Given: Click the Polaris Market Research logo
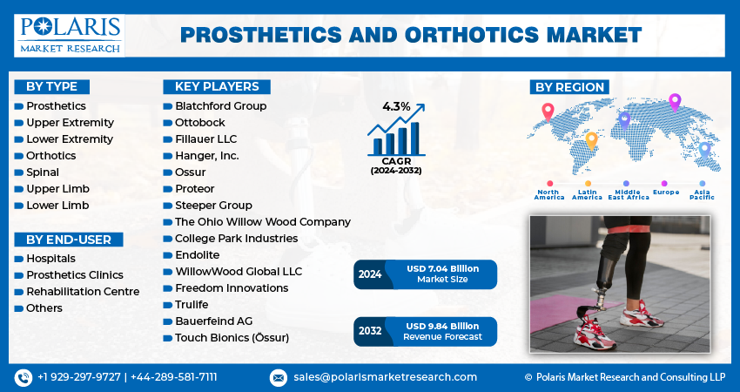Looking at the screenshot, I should tap(70, 35).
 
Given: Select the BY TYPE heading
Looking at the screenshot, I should tap(51, 86).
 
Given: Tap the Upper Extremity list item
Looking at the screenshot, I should tap(70, 122).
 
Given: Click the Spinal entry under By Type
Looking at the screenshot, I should tap(43, 172).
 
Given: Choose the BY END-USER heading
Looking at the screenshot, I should tap(69, 240).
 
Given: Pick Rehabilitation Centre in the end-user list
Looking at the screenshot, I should tap(83, 292).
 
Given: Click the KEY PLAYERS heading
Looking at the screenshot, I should tap(217, 86).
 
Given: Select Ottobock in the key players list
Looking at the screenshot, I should tap(199, 122).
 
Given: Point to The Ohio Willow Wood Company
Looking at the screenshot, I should tap(262, 222).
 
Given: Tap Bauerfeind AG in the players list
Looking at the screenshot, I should tap(213, 321).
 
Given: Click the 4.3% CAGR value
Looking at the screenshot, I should tap(396, 106).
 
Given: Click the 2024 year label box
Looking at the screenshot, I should tap(370, 274).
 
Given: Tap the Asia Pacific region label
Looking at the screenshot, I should tap(703, 194).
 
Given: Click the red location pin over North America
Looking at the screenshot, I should tap(548, 112).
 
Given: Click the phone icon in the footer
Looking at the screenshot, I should tap(24, 377).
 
